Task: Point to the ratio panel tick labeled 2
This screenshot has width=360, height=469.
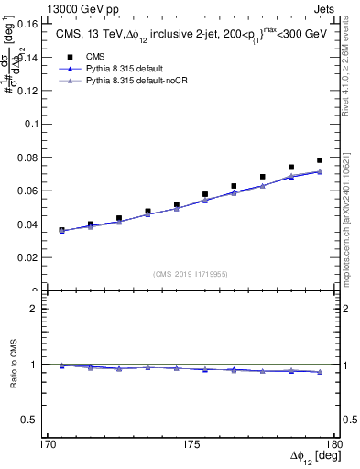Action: (40, 309)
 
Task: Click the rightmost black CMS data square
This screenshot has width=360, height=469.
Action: (320, 160)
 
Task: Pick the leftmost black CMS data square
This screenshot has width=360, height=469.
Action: (62, 230)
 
